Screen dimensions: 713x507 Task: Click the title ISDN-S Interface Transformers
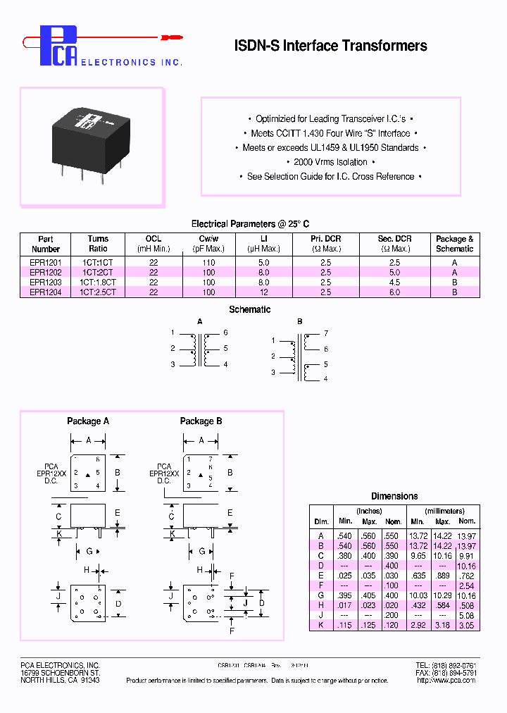click(330, 46)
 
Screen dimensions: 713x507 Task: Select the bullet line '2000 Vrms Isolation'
click(330, 162)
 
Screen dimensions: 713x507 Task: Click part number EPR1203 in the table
click(45, 282)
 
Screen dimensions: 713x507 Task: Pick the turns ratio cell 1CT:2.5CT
click(98, 292)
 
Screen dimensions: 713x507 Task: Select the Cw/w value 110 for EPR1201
click(208, 262)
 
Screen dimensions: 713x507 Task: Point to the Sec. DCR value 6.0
click(394, 292)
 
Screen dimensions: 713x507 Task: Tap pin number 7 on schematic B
click(325, 333)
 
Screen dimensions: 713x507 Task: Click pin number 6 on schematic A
click(225, 333)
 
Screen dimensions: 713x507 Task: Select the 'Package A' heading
click(88, 421)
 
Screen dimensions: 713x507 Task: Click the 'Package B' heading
click(201, 421)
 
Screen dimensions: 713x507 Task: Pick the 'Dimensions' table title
click(394, 496)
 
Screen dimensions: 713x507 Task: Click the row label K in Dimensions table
click(321, 625)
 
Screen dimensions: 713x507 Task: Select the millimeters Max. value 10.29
click(442, 595)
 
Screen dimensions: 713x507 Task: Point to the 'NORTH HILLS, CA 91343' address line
click(60, 681)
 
